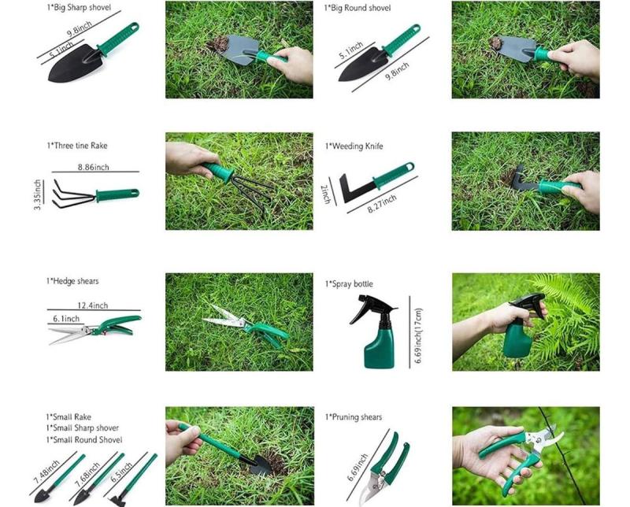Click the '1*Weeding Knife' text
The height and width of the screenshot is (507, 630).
[354, 146]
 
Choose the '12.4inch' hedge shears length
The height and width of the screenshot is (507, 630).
[92, 305]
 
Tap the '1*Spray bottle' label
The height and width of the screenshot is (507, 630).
[349, 283]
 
